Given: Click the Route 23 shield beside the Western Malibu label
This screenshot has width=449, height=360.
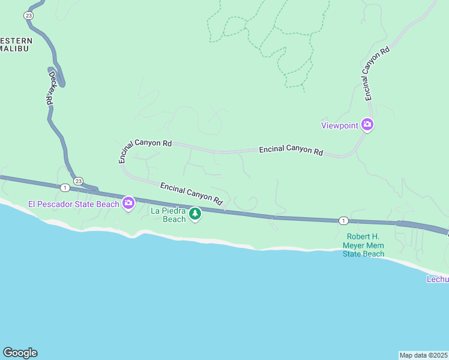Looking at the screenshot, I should point(28,15).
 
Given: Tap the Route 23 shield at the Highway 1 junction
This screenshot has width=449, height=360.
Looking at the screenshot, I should point(78,181).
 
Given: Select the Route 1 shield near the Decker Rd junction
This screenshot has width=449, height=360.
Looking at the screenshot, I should point(65,187).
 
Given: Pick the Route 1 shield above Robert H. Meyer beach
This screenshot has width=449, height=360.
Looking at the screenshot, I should point(343,220).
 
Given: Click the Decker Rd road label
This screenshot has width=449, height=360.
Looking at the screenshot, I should point(52,89).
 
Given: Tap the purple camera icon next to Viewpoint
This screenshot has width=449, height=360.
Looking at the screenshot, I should point(367,125).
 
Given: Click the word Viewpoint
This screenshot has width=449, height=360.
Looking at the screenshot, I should point(339,125).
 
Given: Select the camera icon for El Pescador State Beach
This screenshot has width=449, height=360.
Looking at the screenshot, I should point(128,204).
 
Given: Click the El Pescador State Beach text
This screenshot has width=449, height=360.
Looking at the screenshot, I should point(74,204).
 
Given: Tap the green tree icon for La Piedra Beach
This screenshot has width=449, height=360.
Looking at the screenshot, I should point(194,214).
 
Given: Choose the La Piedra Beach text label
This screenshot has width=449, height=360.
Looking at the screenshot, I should point(168,215).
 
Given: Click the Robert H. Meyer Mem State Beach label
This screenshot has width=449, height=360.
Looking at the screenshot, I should point(363,245).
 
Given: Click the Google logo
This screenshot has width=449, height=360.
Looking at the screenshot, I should point(20,353).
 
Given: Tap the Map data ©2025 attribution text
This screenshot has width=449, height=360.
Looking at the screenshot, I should point(423,355).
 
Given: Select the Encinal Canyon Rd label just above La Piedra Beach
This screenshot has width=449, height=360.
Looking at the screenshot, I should point(191,192).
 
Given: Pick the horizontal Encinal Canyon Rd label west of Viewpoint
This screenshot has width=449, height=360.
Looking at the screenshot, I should point(291,150).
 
